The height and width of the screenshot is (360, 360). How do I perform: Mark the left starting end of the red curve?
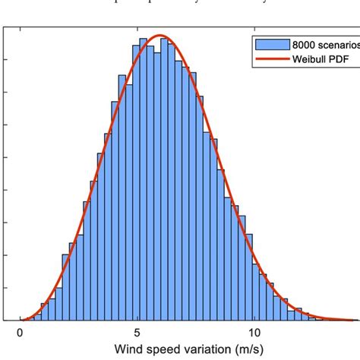(x=21, y=320)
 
